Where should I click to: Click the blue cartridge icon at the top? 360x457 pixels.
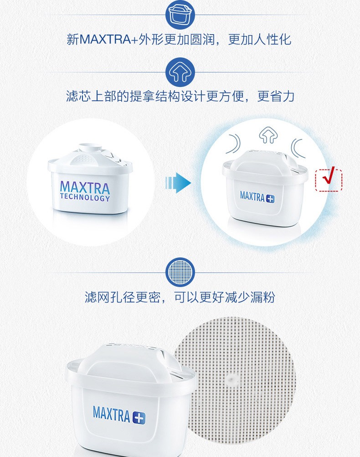[180, 15]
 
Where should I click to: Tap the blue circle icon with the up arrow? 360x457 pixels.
[180, 72]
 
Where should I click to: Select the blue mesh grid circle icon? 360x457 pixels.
[180, 272]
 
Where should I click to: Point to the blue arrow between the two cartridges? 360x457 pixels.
[178, 183]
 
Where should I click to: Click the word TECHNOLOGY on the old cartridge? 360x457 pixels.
[85, 197]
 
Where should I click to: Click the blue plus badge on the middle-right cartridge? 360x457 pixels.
[270, 199]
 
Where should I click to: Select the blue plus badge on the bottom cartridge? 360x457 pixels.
[139, 417]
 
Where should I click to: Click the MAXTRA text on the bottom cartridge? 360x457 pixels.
[111, 414]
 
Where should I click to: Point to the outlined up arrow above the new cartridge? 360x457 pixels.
[268, 135]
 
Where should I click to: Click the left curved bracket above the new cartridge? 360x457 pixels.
[234, 144]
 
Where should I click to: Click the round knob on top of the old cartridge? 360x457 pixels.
[90, 147]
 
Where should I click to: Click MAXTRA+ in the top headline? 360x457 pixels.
[108, 39]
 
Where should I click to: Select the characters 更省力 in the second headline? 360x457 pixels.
[276, 97]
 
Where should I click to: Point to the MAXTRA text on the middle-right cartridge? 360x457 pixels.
[252, 196]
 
